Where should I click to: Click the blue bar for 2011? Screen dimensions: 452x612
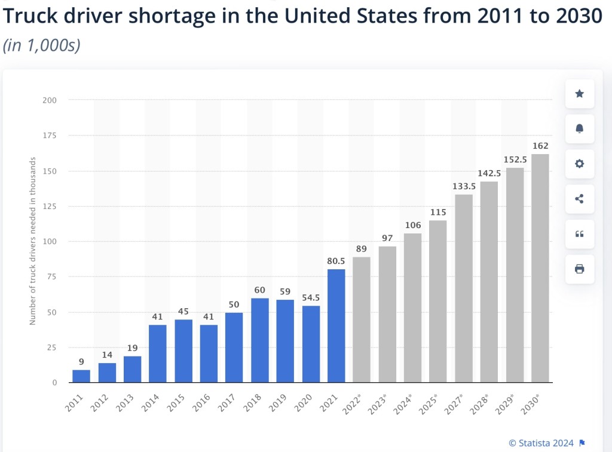tap(81, 376)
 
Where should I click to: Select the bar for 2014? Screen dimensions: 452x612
tap(157, 353)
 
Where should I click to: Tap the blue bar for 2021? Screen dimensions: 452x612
tap(336, 326)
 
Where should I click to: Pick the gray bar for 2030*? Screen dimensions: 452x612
tap(540, 268)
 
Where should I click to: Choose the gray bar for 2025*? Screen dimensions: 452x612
tap(437, 302)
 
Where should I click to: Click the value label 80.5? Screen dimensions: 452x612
tap(336, 260)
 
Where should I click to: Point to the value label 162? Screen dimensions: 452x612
tap(540, 146)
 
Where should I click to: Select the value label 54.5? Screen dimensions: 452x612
tap(311, 297)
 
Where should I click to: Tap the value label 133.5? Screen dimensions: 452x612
tap(463, 186)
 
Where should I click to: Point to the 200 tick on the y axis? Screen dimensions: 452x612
tap(50, 100)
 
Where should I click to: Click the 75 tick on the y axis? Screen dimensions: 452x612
tap(52, 276)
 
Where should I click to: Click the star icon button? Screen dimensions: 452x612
tap(579, 94)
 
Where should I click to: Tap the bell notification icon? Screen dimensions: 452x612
tap(579, 128)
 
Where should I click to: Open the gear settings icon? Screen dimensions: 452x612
tap(579, 164)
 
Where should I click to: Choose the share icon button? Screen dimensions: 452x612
tap(579, 199)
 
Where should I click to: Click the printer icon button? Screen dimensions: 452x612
tap(579, 269)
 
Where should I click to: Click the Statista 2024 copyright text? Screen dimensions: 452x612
tap(541, 443)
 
